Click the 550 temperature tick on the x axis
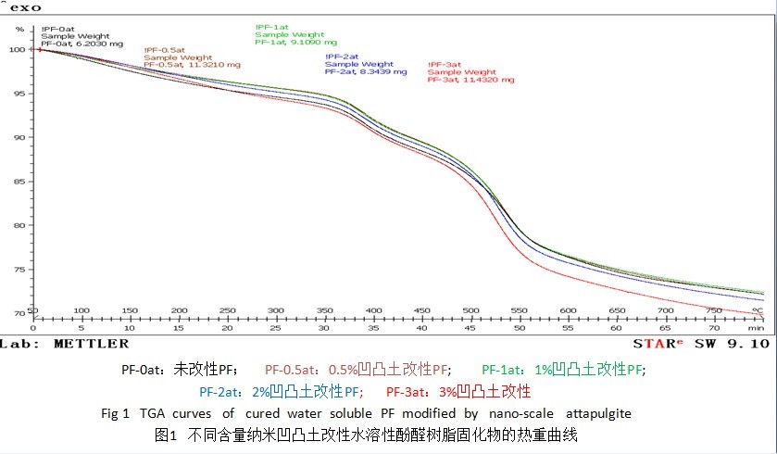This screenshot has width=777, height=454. pos(519,311)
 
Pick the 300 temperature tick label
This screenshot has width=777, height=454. pos(275,311)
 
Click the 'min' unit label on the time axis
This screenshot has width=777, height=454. pos(756,328)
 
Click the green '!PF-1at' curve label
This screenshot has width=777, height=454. pos(272,27)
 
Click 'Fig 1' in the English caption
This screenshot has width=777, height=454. pos(118,413)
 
